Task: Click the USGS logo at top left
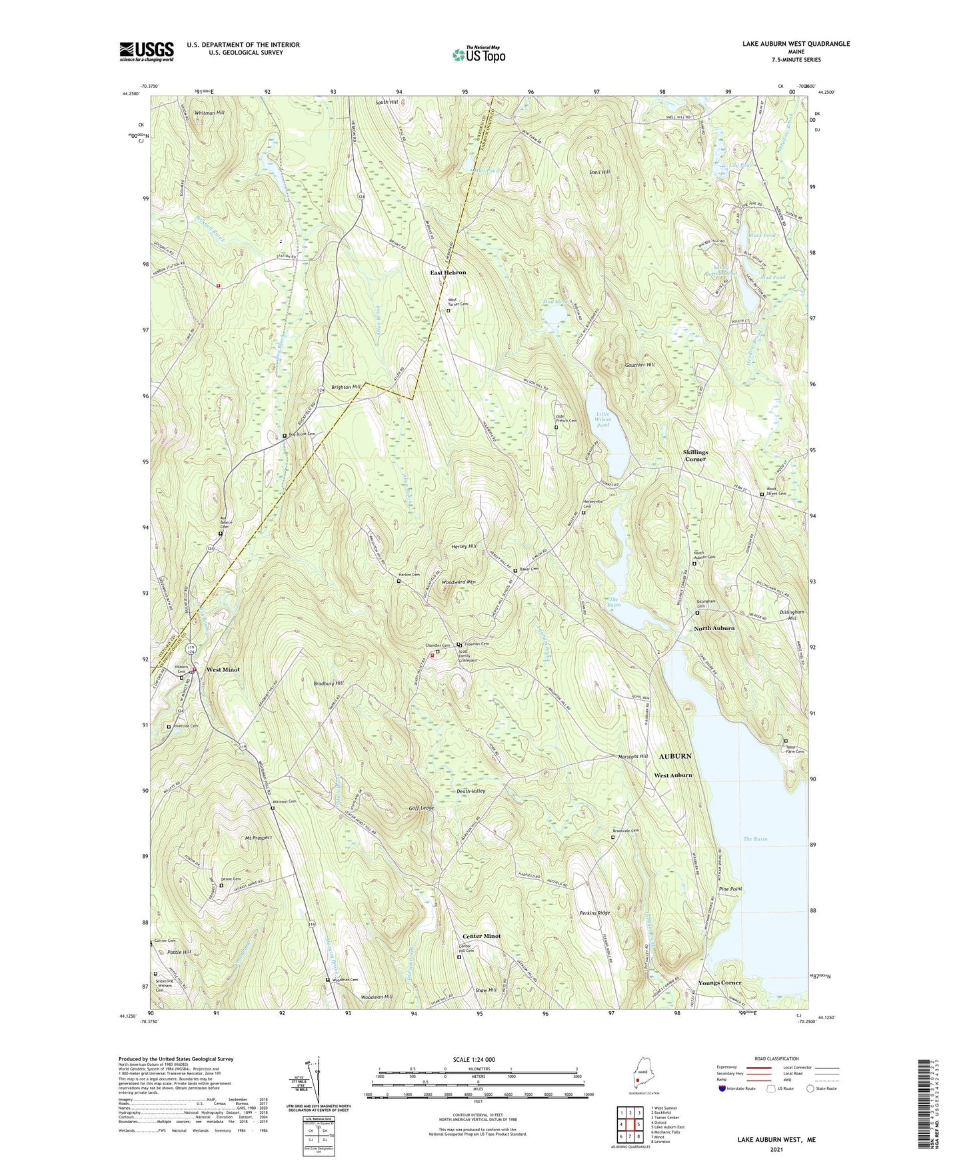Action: [x=146, y=51]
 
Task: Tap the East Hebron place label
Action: [x=448, y=272]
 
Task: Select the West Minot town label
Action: [x=223, y=669]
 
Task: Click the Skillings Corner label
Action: [x=695, y=455]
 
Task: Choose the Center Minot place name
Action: [x=481, y=936]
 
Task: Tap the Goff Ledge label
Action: [x=422, y=808]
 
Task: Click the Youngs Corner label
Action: [x=720, y=983]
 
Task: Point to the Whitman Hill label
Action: [x=209, y=113]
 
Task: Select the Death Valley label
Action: [x=471, y=791]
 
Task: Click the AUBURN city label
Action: [x=675, y=757]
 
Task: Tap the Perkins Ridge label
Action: [x=594, y=913]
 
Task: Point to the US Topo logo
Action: [x=478, y=55]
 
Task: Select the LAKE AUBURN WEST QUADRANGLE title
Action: [x=796, y=44]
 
